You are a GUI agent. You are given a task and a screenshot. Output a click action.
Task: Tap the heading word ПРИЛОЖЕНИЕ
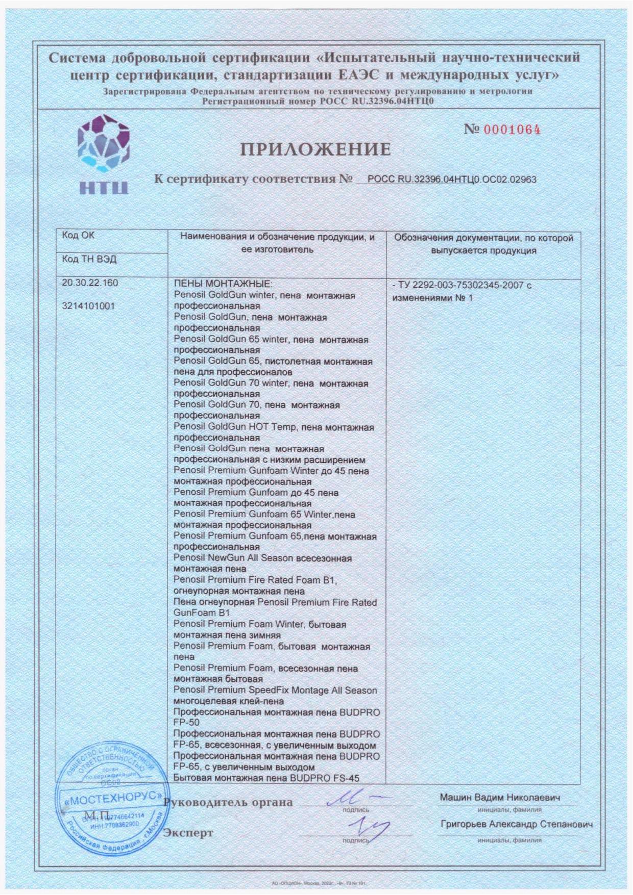[315, 149]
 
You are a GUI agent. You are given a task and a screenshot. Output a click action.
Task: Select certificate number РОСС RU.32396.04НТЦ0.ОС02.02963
[451, 180]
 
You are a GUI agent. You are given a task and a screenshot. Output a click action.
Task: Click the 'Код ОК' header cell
[78, 236]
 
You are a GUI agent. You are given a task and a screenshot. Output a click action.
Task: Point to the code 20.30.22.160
[89, 283]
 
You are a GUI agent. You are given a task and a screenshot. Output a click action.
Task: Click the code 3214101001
[88, 306]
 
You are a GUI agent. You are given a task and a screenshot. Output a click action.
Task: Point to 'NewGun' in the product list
[225, 558]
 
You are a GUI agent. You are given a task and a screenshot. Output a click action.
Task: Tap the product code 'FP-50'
[186, 723]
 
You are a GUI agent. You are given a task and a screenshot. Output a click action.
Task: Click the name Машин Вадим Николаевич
[500, 798]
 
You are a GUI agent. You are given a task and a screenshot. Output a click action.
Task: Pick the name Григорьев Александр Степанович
[517, 825]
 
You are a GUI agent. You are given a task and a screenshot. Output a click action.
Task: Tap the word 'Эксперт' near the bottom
[188, 833]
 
